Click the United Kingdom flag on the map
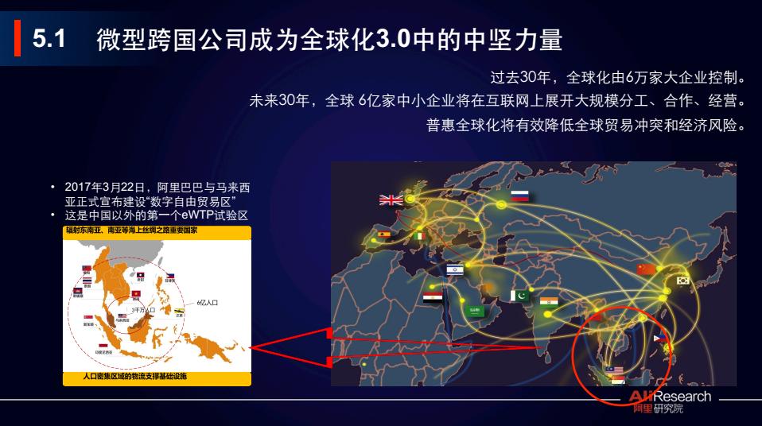(391, 200)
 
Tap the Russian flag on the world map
(520, 196)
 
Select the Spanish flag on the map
(384, 234)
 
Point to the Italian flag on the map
(420, 236)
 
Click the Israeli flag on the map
(454, 270)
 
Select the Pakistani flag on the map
(519, 296)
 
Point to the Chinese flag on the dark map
(647, 269)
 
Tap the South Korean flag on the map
(682, 280)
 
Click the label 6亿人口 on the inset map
(208, 303)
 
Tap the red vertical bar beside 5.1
(17, 39)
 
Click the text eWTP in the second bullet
(196, 215)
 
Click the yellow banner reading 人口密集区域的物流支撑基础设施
(157, 375)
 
